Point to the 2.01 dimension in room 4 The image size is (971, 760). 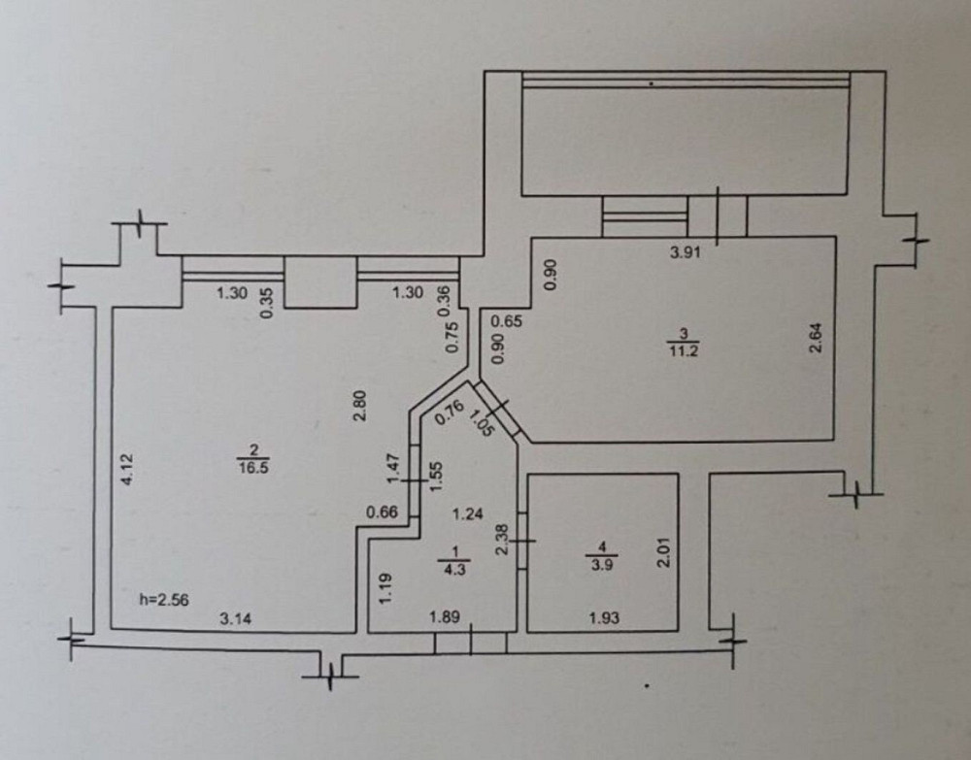tap(665, 554)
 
